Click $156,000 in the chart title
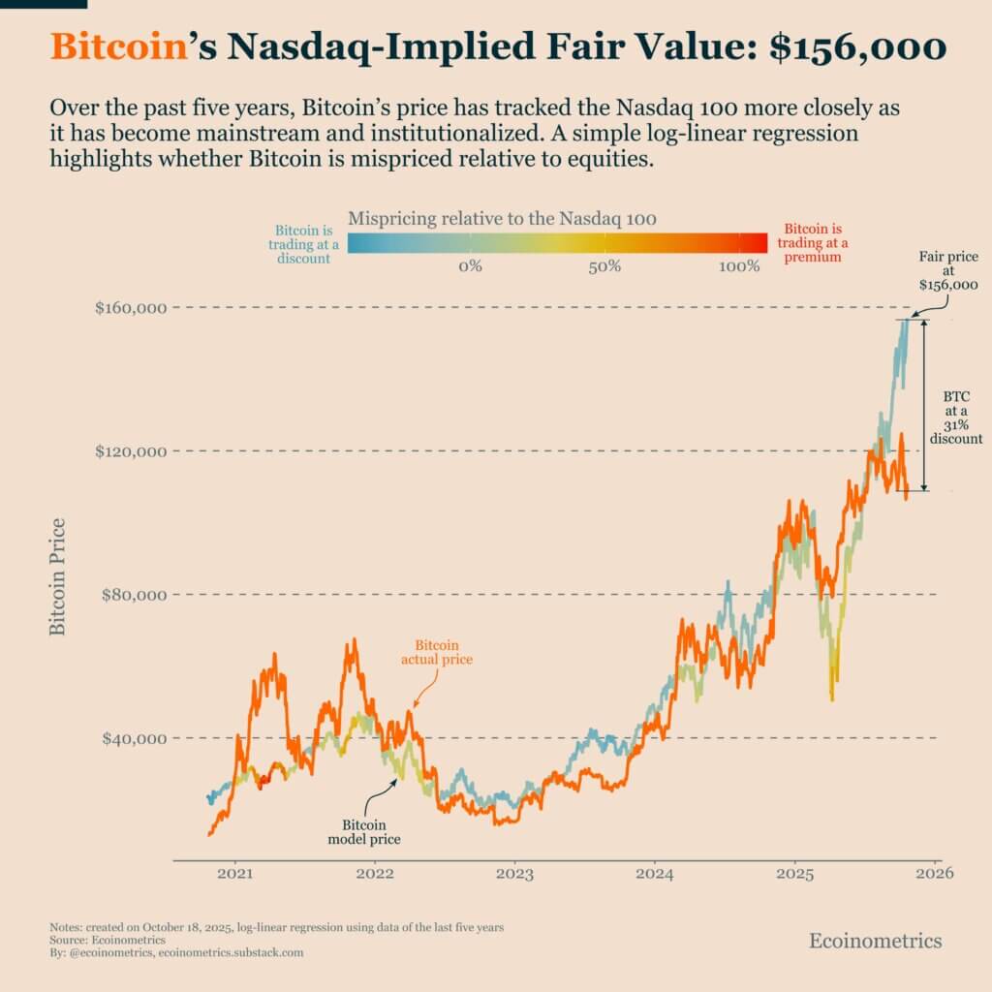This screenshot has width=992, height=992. tap(857, 46)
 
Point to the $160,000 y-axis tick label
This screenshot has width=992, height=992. tap(132, 308)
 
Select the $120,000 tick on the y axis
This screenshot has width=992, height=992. tap(132, 451)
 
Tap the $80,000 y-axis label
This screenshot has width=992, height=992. tap(135, 595)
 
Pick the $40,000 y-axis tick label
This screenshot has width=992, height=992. tap(135, 738)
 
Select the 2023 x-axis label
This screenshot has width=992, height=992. tap(514, 873)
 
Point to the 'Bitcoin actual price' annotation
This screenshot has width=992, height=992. tap(437, 652)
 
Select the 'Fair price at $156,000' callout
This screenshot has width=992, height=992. tap(948, 272)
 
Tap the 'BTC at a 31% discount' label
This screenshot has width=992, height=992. tap(956, 418)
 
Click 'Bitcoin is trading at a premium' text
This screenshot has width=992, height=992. tap(809, 245)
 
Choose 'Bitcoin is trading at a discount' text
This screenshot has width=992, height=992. tap(301, 245)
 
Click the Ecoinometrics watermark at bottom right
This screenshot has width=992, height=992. tap(875, 941)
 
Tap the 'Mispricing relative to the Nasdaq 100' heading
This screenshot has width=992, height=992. tap(502, 218)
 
